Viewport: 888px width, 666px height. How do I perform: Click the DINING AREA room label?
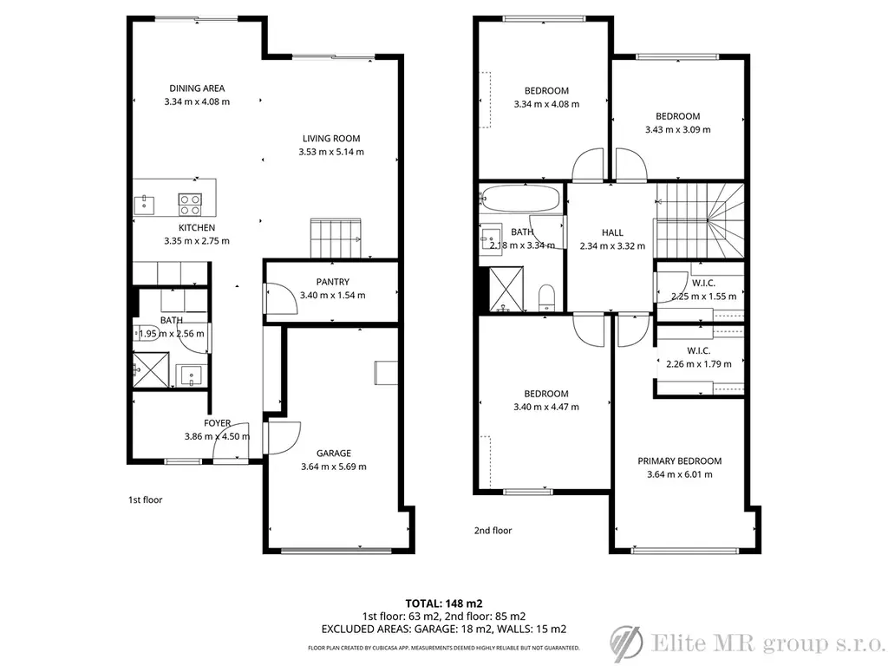point(197,88)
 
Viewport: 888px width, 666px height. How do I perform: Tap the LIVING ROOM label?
point(331,138)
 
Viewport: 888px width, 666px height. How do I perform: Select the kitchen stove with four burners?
point(190,205)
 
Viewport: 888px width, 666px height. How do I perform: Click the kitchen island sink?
point(145,205)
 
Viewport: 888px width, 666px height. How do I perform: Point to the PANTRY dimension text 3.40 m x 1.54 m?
point(332,295)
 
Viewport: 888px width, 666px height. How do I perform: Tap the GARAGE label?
point(334,453)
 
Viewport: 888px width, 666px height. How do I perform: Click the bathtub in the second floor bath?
point(520,199)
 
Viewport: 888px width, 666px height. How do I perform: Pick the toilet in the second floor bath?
point(546,298)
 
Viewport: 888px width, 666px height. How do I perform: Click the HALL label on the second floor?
point(612,232)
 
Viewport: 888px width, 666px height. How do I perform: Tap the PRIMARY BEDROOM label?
point(680,461)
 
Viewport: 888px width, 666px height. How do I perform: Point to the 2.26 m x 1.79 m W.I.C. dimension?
point(699,364)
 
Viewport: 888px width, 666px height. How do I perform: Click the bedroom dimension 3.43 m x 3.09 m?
point(678,130)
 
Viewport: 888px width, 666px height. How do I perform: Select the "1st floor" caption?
point(146,500)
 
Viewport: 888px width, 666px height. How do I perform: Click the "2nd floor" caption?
point(493,531)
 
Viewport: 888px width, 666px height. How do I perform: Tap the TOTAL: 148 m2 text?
point(444,604)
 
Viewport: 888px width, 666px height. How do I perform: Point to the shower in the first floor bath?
point(151,369)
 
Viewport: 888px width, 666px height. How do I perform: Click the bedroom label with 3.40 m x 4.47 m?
point(546,394)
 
